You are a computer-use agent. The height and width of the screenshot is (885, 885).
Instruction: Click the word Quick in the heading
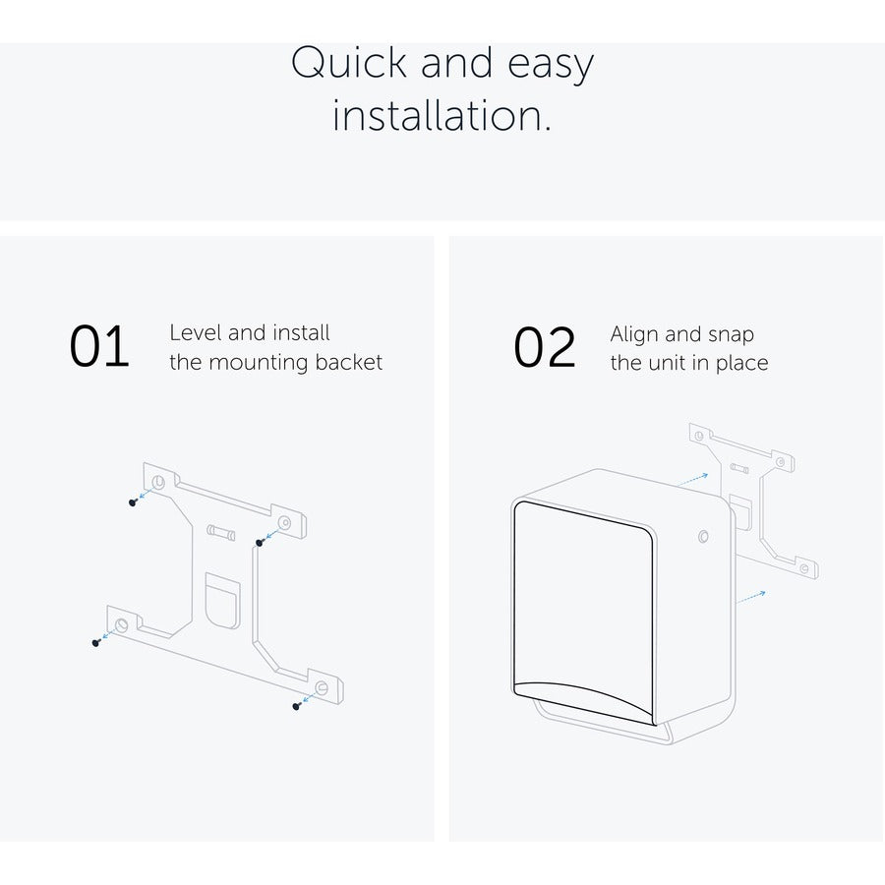coord(349,63)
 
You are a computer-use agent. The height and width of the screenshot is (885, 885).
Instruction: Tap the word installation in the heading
coord(442,115)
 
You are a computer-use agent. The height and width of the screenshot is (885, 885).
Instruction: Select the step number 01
coord(99,346)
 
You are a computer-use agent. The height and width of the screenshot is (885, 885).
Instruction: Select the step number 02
coord(545,347)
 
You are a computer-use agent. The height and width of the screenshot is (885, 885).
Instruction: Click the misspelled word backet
coord(348,362)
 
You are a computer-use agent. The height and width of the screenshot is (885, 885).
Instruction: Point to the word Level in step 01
coord(196,332)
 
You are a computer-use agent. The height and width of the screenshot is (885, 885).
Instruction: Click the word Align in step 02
coord(634,334)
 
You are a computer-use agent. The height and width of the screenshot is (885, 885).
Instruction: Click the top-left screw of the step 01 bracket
coord(133,502)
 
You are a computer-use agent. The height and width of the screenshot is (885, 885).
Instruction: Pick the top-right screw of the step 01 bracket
coord(260,543)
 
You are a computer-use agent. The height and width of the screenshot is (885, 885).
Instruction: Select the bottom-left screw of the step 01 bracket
coord(96,642)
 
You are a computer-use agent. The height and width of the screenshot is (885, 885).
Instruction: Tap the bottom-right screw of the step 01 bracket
coord(296,705)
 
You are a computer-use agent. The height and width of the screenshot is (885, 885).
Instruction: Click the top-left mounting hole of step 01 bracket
coord(158,483)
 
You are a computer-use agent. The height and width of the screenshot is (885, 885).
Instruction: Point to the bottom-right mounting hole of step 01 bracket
coord(322,688)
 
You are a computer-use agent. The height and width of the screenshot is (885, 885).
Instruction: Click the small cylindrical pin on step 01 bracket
coord(220,532)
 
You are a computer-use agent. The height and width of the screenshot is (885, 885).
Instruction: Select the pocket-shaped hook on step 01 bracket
coord(222,601)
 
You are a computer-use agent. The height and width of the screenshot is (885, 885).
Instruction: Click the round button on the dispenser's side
coord(703,536)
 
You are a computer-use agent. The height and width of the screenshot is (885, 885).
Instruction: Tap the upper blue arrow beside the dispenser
coord(692,480)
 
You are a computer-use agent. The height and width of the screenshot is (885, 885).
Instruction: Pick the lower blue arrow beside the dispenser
coord(750,597)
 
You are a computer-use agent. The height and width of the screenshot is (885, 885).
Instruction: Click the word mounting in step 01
coord(258,363)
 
